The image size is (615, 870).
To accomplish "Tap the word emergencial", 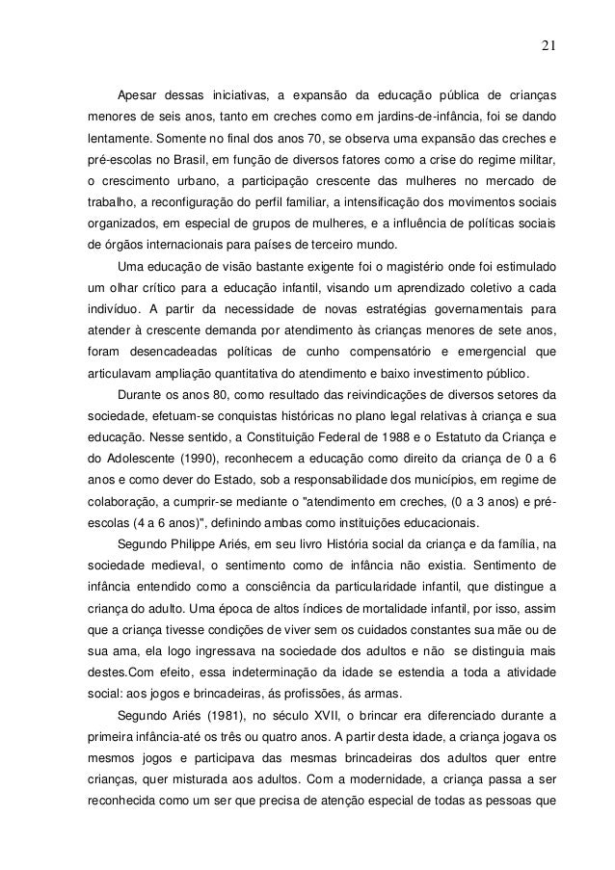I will (479, 352).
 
